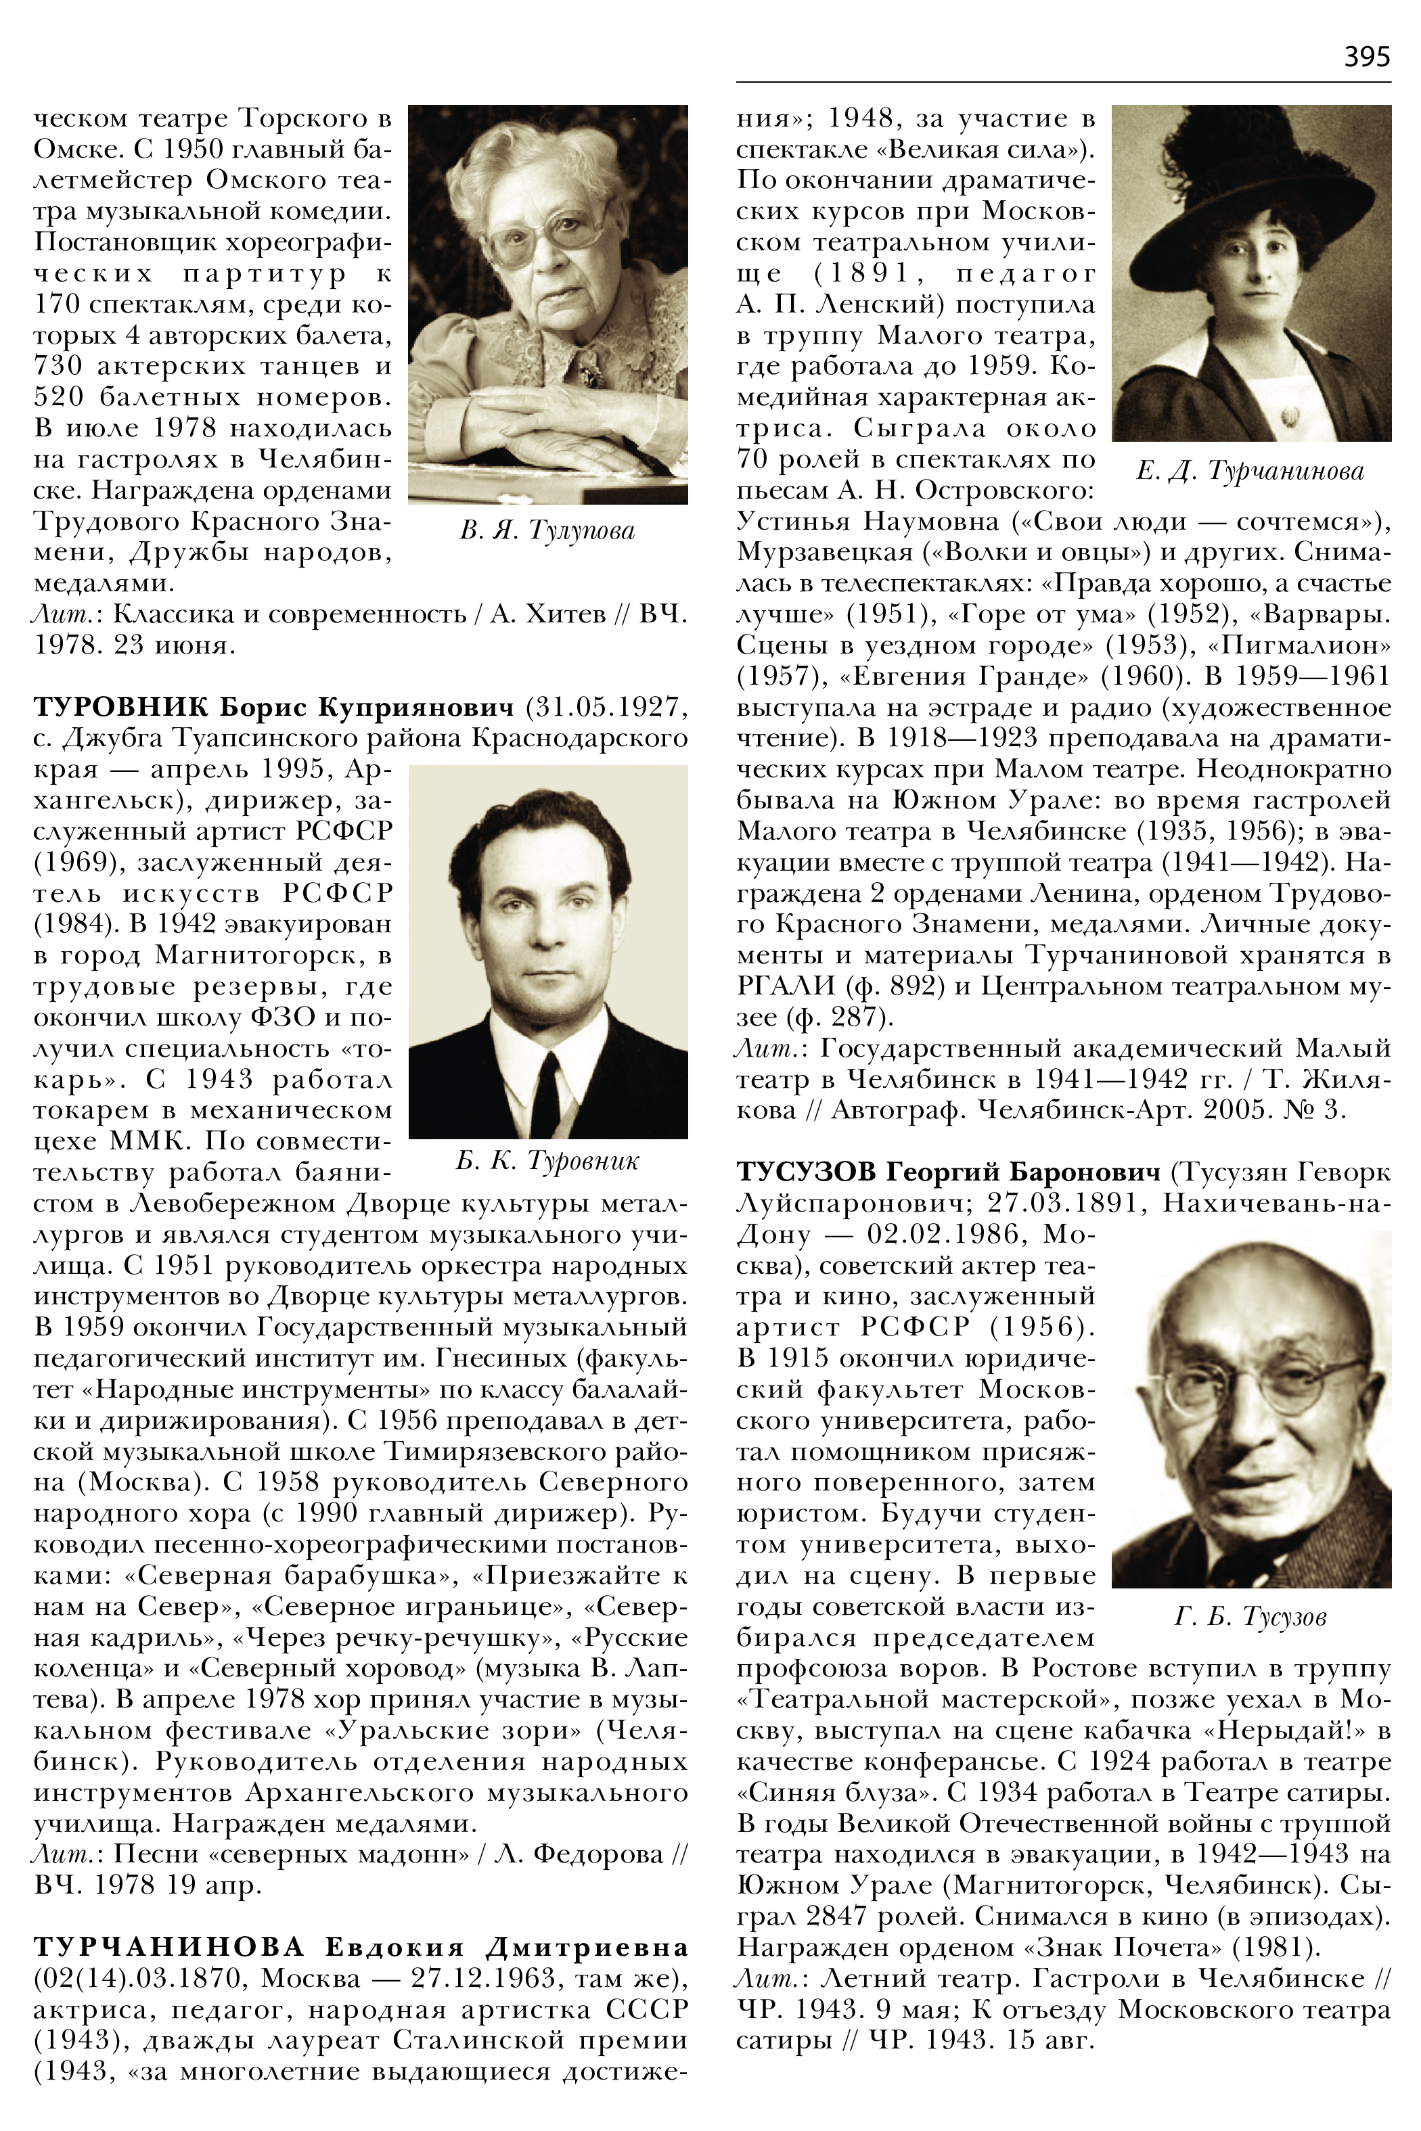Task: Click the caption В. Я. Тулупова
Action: (x=547, y=530)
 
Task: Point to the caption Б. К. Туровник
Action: (x=547, y=1161)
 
